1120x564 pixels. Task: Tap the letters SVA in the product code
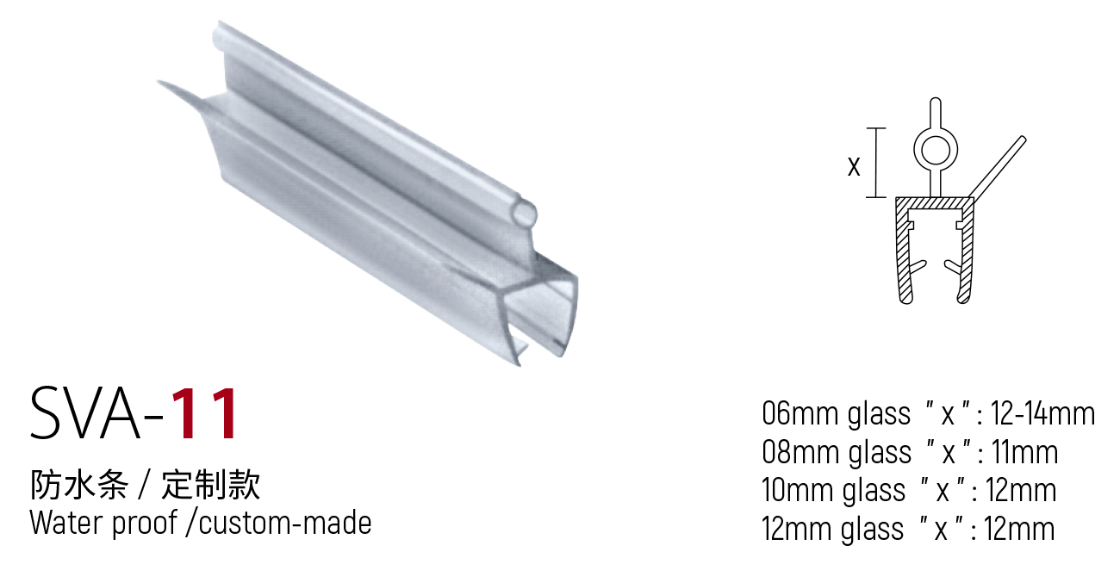[85, 413]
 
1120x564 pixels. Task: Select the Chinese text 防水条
[79, 485]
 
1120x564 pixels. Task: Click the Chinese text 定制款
[210, 485]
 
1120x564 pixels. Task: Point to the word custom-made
[285, 523]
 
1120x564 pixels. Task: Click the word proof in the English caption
[145, 524]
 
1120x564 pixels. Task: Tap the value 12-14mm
[1042, 413]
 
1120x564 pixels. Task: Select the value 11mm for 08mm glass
[1025, 452]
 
